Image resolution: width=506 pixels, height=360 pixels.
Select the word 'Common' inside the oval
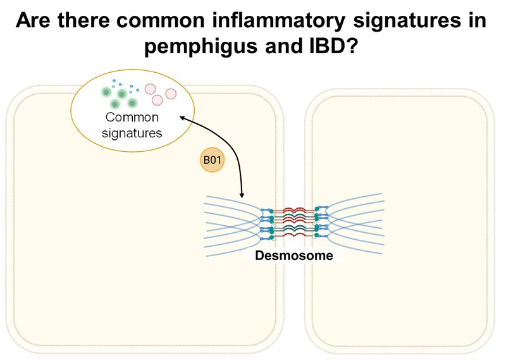tap(133, 117)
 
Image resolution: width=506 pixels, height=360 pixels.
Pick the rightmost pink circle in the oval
tap(171, 94)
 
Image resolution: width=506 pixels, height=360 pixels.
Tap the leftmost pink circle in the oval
tap(151, 90)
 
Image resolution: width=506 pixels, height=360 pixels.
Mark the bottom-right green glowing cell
tap(132, 102)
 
